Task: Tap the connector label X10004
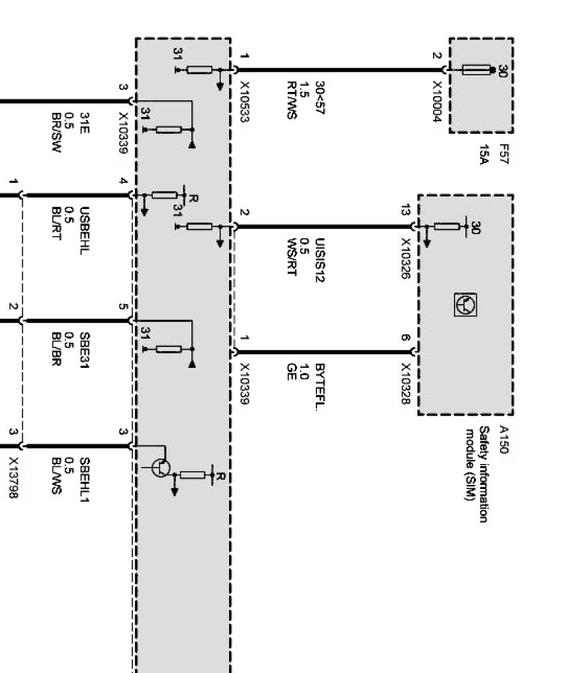click(x=437, y=102)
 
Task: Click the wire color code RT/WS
click(x=291, y=100)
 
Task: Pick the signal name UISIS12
click(x=320, y=260)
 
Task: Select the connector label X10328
click(x=406, y=383)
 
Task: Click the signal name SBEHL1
click(x=84, y=476)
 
